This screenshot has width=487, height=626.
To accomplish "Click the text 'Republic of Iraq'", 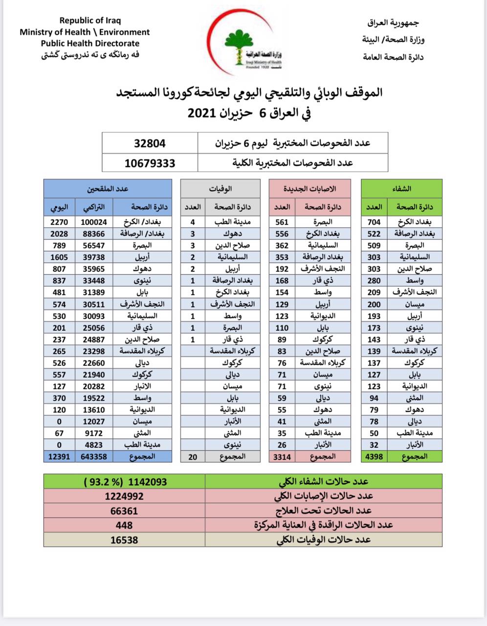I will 90,21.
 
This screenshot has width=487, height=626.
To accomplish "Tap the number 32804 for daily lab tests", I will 150,143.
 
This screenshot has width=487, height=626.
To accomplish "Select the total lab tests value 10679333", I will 150,163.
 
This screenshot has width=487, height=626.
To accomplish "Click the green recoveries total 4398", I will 374,456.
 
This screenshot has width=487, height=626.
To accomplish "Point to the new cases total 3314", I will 281,456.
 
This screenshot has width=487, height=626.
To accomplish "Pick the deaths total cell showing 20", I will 193,456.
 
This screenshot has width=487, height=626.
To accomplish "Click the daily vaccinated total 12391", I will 59,456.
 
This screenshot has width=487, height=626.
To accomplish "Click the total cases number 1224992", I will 125,496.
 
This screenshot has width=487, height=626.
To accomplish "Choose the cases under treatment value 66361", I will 125,511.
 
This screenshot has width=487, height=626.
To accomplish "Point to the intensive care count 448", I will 125,525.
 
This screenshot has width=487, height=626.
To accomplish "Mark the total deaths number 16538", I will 125,539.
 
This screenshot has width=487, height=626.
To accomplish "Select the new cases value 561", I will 281,222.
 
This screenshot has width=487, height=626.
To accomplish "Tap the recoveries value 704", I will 374,222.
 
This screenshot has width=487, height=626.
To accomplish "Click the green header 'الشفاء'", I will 402,188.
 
